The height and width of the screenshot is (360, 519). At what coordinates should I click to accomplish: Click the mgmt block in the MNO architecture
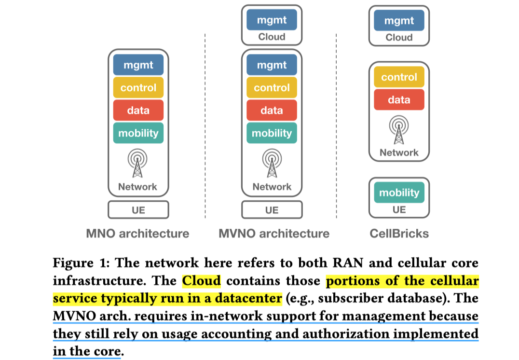tap(138, 65)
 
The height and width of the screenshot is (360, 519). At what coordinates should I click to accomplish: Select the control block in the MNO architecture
tap(138, 87)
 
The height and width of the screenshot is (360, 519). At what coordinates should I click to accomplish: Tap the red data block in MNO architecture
tap(138, 110)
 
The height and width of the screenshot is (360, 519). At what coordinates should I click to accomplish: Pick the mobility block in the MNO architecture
tap(138, 133)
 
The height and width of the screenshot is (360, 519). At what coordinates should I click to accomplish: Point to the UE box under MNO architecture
tap(138, 210)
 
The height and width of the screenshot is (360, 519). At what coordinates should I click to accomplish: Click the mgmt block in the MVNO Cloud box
tap(272, 20)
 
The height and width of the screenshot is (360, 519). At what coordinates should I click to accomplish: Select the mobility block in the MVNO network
tap(272, 133)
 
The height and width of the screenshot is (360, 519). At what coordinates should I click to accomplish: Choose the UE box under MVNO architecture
tap(272, 210)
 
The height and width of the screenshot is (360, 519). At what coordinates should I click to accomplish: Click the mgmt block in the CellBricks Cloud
tap(399, 20)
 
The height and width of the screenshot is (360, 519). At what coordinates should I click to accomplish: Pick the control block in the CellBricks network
tap(399, 77)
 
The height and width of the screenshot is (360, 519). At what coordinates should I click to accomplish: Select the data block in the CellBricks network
tap(399, 99)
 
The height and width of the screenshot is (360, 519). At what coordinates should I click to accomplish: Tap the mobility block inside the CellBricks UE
tap(399, 192)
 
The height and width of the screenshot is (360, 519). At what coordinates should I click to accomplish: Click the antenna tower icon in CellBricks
tap(399, 129)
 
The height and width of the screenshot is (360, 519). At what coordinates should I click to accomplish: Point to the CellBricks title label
tap(399, 234)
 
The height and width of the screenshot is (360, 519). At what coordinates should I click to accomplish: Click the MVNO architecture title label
tap(274, 234)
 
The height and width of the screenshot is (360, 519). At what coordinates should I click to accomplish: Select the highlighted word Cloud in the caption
tap(201, 281)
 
